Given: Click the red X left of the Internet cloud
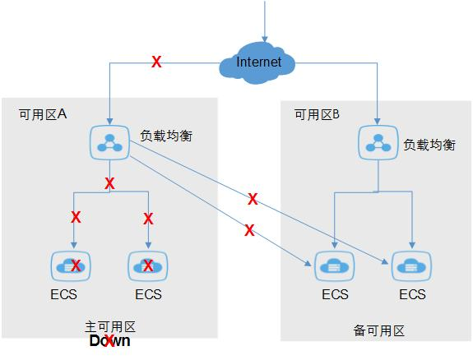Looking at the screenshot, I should coord(156,62).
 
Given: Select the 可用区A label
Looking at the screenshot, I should coord(42,115).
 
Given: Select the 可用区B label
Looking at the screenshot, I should coord(318,115).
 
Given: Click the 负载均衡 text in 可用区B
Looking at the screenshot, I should coord(429,144).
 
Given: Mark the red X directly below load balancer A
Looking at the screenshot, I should coord(109,184).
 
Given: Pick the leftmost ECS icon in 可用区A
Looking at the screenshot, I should coord(73,265).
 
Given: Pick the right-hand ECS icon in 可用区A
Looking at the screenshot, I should coord(148,265).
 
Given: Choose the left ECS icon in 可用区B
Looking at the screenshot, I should coord(335,265).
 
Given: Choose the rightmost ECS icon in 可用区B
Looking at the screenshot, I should coord(411,265).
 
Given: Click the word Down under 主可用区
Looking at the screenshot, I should coord(109,341).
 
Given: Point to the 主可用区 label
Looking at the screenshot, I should coord(109,325).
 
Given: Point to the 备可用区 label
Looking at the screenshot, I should coord(379,330).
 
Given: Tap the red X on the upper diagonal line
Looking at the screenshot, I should coord(253,199).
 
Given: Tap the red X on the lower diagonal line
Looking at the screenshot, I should coord(248,231).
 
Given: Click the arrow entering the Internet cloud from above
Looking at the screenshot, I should coord(265,25).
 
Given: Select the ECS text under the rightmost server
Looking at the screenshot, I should coord(411,294).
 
